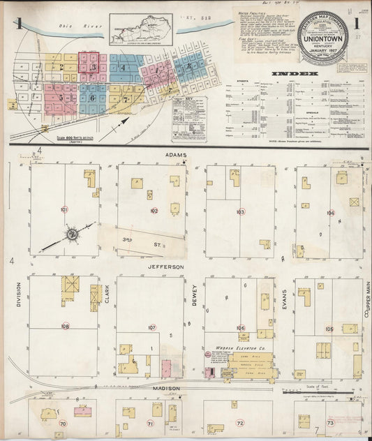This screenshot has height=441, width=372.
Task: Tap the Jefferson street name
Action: click(165, 267)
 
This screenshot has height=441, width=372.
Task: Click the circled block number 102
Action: click(154, 210)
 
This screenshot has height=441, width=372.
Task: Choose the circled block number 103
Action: click(240, 211)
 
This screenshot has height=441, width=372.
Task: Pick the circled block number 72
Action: click(240, 423)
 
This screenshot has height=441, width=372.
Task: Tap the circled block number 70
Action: click(63, 423)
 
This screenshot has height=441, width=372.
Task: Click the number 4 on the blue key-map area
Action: click(122, 68)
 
